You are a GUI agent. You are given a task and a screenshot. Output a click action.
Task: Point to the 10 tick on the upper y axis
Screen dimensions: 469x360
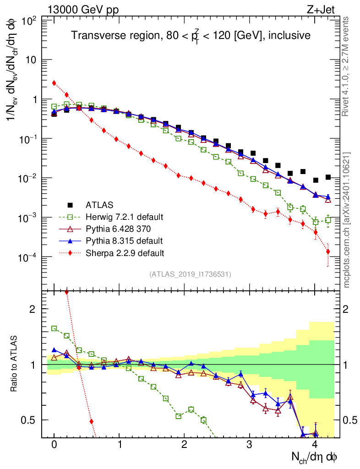click(32, 60)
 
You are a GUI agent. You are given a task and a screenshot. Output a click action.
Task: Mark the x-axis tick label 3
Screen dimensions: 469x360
click(249, 445)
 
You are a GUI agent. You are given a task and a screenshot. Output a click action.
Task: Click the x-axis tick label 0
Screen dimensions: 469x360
click(54, 445)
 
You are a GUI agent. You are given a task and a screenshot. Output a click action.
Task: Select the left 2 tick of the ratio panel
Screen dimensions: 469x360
click(33, 309)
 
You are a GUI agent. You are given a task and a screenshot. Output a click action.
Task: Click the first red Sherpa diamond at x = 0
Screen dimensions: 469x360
click(54, 83)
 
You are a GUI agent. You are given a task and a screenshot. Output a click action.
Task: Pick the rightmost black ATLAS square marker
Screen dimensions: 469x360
click(328, 177)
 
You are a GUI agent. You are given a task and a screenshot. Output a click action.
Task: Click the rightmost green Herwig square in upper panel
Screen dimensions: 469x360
click(328, 220)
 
